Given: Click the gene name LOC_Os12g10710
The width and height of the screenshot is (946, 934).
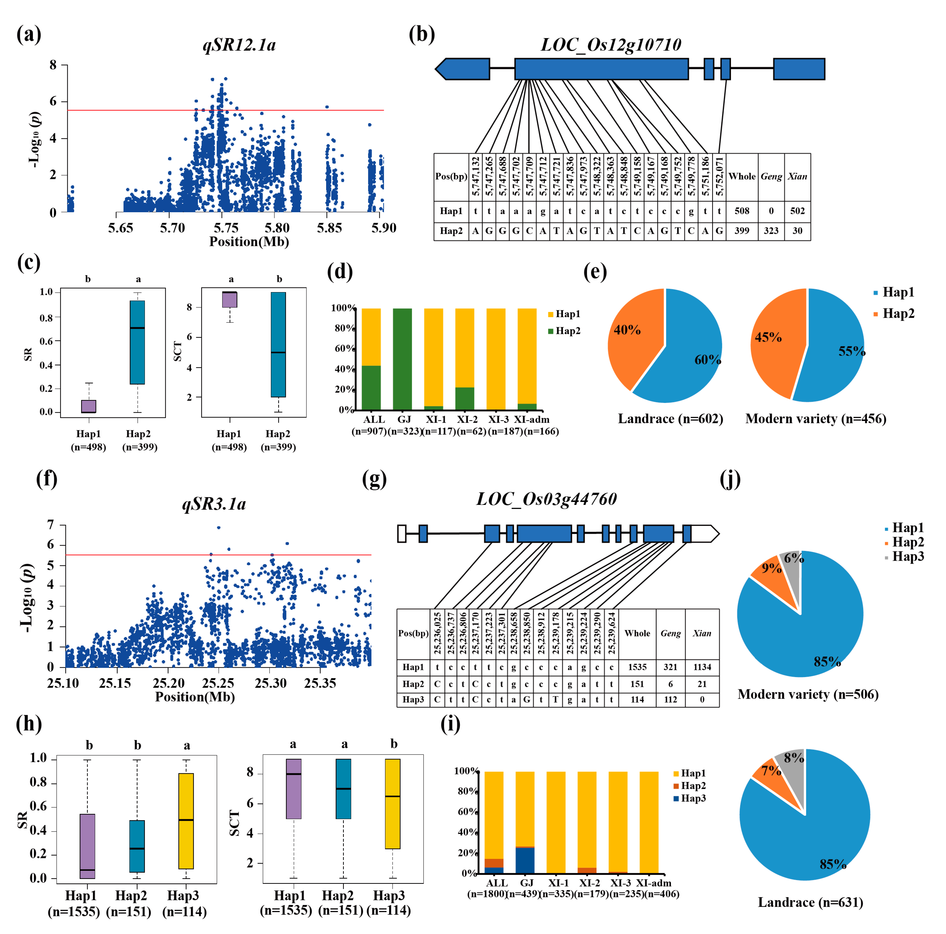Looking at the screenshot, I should point(611,45).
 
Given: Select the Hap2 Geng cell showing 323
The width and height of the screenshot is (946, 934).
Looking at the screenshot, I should point(771,231).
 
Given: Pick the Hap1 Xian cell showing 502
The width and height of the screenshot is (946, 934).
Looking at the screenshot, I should point(797,211).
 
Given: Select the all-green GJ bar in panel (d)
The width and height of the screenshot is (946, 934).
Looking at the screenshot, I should point(402,359).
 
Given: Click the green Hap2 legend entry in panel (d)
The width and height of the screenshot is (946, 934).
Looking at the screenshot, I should point(564,331).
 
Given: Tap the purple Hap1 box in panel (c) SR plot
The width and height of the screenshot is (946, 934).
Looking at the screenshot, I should point(89,406).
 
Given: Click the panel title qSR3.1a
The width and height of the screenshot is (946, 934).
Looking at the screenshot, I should point(214,504).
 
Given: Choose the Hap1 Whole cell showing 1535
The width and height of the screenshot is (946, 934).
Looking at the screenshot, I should point(637,667).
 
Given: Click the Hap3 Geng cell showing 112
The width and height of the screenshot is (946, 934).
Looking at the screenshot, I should point(670,699).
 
